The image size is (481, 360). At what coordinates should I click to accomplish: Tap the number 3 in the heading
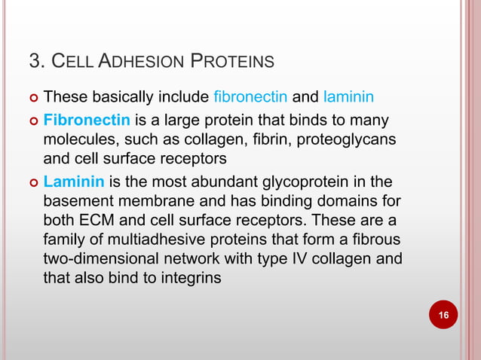point(33,60)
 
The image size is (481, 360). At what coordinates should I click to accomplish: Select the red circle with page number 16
point(443,313)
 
